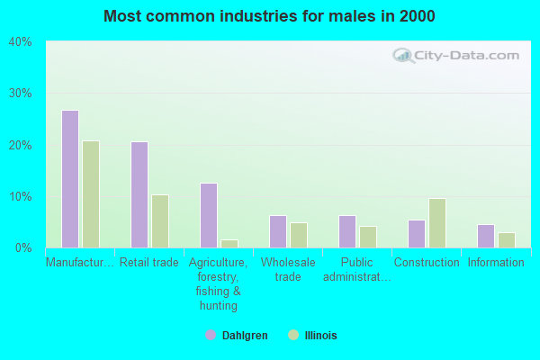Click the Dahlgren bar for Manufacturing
coord(70,179)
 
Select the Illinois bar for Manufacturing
coord(91,194)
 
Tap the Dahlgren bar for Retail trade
coord(139,194)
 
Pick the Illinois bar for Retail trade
coord(160,221)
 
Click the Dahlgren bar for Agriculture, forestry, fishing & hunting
coord(209,216)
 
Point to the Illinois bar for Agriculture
coord(229,244)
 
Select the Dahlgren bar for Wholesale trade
coord(278,232)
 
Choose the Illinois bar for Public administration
coord(368,237)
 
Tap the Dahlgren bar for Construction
coord(417,234)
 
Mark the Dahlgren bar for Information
coord(486,236)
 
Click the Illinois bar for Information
coord(507,240)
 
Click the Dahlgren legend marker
coord(211,335)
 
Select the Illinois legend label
coord(320,336)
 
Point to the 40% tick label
coord(20,41)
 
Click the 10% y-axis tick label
coord(20,196)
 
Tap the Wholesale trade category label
coord(288,269)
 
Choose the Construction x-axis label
coord(427,263)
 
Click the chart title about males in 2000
coord(270,16)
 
